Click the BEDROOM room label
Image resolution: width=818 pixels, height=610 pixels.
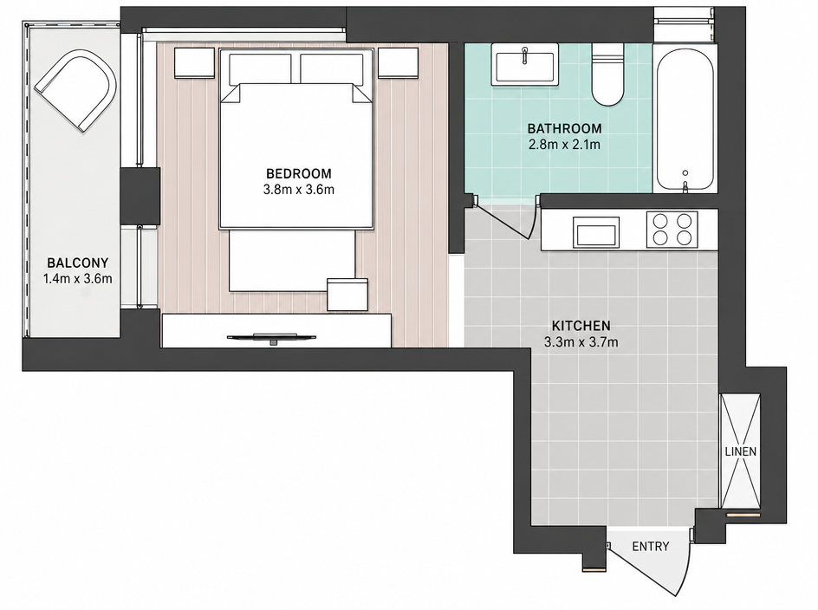(298, 173)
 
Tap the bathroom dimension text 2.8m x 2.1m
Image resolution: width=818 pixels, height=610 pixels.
(564, 145)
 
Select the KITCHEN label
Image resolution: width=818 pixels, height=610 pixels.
(581, 326)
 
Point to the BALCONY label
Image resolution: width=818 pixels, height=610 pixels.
(78, 263)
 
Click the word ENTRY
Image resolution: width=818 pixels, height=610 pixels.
(651, 547)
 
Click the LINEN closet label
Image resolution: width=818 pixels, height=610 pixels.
(741, 451)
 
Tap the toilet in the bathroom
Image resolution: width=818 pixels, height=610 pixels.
(607, 75)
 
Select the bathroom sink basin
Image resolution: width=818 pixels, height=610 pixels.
(524, 64)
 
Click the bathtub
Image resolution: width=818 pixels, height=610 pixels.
(685, 120)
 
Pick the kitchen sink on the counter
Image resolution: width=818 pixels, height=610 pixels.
(596, 233)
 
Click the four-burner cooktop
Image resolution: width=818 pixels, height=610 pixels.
(672, 230)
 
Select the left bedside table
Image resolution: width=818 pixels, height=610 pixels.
(194, 63)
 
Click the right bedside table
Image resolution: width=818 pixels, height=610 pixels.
(398, 63)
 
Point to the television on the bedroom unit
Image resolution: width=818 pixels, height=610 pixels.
(271, 338)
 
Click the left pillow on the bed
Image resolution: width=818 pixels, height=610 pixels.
(260, 68)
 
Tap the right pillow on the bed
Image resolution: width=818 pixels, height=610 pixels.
(332, 68)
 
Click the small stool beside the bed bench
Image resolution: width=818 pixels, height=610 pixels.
(347, 295)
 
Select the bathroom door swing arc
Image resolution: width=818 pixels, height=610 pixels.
(531, 219)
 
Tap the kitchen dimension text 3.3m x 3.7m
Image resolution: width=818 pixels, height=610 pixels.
(581, 342)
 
